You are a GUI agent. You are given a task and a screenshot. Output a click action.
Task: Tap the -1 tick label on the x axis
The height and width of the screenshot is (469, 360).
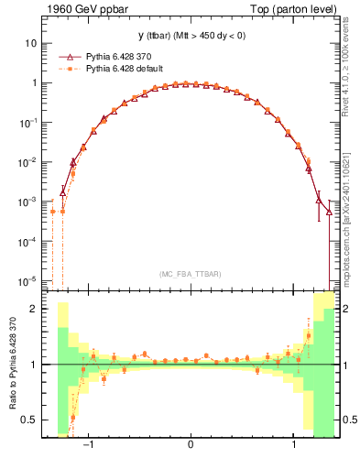pyautogui.click(x=89, y=446)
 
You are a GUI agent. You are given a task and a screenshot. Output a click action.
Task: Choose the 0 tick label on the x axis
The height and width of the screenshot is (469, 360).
pyautogui.click(x=191, y=446)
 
